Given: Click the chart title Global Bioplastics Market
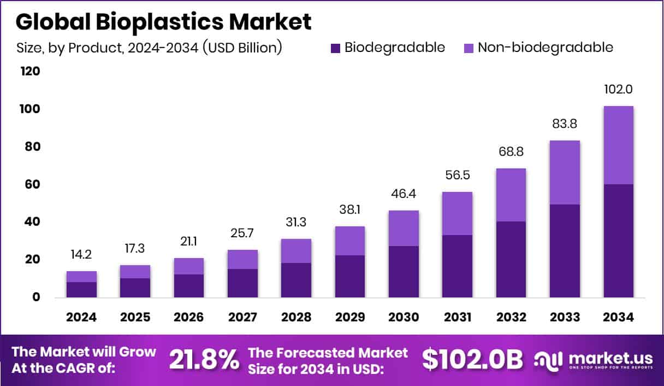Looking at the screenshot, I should (x=163, y=21).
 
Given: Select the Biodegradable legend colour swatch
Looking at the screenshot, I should (x=336, y=48).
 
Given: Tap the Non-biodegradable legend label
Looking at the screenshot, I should (x=545, y=48).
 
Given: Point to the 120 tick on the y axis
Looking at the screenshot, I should (x=30, y=72).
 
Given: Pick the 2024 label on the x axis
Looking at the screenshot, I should (x=81, y=318).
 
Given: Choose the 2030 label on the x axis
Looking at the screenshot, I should (x=404, y=318).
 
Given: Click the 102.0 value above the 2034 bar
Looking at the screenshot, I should (x=618, y=90).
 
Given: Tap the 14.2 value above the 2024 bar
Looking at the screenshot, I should (x=81, y=255).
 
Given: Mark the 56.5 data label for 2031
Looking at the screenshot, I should (x=457, y=176).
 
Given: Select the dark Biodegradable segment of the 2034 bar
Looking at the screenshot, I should (x=618, y=241).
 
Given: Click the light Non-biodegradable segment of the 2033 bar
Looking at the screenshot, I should (x=565, y=172).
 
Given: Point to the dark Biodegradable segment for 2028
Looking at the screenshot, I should (x=296, y=280).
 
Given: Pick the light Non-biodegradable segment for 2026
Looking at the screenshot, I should (x=189, y=266).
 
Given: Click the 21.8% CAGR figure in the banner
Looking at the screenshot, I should (x=204, y=360).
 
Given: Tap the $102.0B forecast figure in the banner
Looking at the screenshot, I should (x=472, y=359).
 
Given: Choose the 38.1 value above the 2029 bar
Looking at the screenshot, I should (x=349, y=210).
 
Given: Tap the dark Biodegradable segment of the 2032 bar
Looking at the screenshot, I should (x=511, y=259).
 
